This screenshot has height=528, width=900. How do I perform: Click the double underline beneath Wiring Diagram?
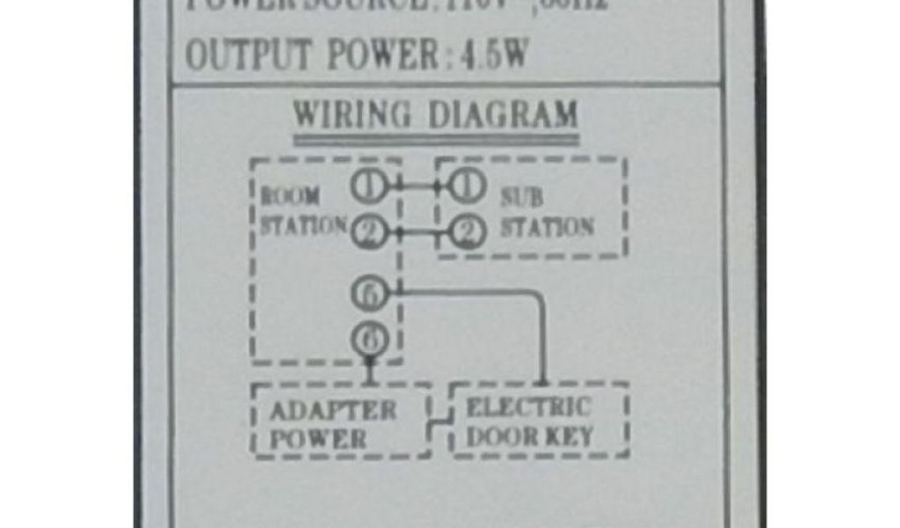click(x=436, y=139)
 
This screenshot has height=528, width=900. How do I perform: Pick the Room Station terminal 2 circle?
click(x=367, y=231)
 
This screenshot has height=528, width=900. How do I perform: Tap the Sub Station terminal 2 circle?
click(x=468, y=232)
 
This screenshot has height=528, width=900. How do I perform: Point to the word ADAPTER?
click(x=333, y=411)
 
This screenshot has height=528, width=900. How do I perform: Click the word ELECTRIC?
click(x=527, y=408)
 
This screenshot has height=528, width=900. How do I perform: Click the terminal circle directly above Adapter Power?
click(x=369, y=338)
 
